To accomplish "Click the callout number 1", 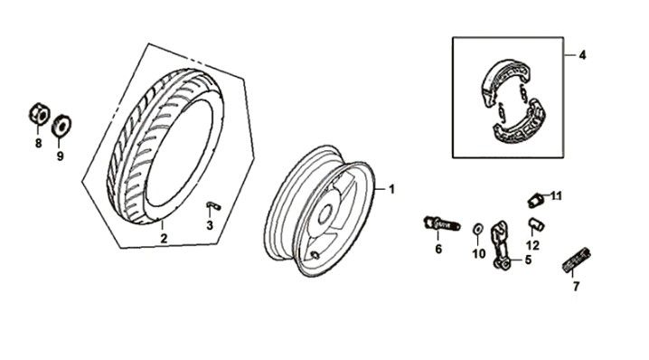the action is click(x=392, y=189).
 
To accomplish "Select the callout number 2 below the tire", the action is click(x=164, y=238).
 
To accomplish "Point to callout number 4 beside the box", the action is click(x=582, y=55).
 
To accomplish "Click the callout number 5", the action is click(x=528, y=261).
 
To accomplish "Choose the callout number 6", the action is click(x=437, y=249).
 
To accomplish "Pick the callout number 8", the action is click(x=38, y=143).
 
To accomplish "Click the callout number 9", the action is click(x=61, y=155).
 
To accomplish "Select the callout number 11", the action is click(x=556, y=195).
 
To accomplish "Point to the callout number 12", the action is click(x=532, y=245).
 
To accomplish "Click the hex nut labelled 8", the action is click(x=37, y=115).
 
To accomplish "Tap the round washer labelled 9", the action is click(x=62, y=122).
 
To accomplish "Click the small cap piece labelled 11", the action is click(x=536, y=197).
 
